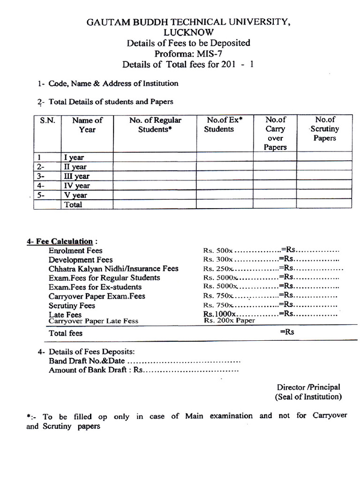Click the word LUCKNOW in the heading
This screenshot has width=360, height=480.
pos(188,32)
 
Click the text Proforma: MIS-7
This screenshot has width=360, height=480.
pos(188,54)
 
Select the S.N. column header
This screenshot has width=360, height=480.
pos(47,120)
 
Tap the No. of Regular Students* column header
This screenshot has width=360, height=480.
pos(155,125)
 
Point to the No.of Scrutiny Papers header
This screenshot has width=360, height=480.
pos(324,129)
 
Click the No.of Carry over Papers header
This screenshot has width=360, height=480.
pos(275,134)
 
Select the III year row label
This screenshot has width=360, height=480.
pos(76,176)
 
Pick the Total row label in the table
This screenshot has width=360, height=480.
pos(73,204)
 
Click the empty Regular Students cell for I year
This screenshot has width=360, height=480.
pos(155,157)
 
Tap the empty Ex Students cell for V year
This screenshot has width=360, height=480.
pos(225,195)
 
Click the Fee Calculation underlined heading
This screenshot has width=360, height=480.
pos(60,241)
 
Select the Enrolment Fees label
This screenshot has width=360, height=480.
pos(75,251)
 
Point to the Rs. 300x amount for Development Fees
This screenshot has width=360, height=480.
pos(218,260)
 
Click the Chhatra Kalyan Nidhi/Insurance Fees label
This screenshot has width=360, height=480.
pos(113,269)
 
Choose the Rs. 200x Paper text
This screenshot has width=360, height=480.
pos(229,321)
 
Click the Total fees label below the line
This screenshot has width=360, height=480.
pos(66,333)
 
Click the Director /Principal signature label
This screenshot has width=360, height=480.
pos(308,387)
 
